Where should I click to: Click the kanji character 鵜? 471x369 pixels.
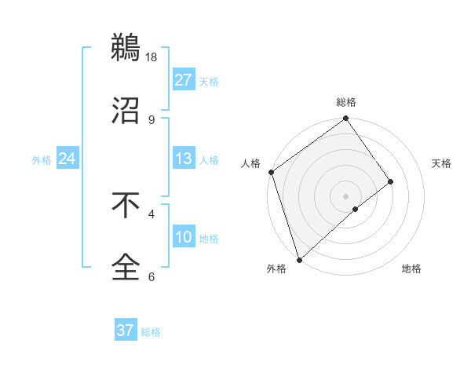pos(126,49)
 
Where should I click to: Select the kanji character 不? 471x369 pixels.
pos(126,205)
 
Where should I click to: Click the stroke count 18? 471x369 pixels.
pos(152,57)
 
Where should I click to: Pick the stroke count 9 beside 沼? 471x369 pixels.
pos(152,119)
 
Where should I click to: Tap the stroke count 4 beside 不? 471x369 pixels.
pos(152,214)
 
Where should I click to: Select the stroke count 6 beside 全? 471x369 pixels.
pos(152,276)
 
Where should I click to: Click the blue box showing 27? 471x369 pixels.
pos(184,80)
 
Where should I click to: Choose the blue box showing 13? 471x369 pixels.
pos(184,159)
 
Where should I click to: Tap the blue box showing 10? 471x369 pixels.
pos(184,237)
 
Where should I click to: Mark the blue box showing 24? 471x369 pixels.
pos(68,159)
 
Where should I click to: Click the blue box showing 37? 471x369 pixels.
pos(126,331)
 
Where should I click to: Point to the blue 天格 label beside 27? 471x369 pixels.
pos(209,82)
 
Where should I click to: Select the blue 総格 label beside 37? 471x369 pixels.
pos(151,332)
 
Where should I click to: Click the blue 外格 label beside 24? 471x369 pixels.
pos(42,160)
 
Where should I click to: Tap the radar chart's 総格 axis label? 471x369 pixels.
pos(346,103)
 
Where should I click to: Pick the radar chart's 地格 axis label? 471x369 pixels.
pos(411,269)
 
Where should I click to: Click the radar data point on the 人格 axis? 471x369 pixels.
pos(272,172)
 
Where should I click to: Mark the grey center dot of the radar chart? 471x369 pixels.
pos(346,196)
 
